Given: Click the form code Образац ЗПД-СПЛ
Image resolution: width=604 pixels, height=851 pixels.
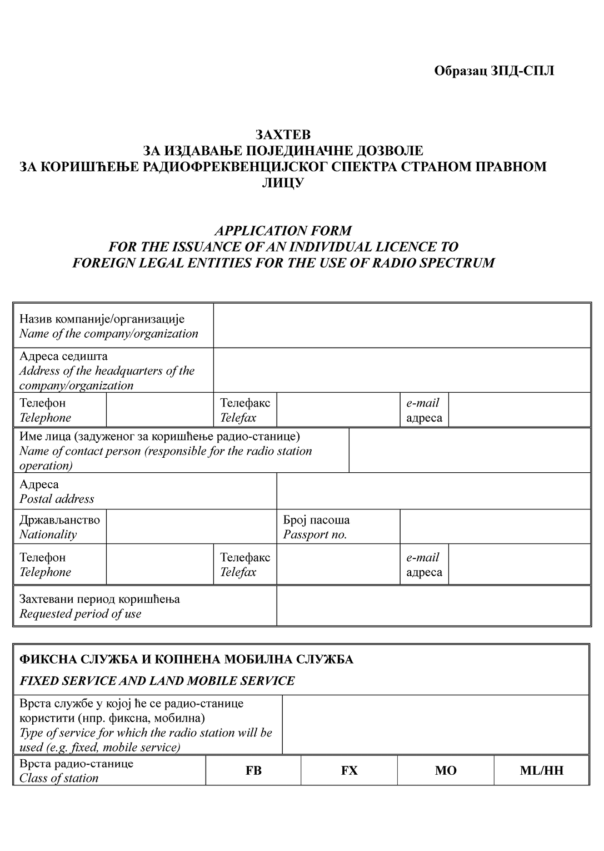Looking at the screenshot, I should click(x=494, y=71).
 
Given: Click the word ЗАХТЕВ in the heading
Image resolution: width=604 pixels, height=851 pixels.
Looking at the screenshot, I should click(x=283, y=135).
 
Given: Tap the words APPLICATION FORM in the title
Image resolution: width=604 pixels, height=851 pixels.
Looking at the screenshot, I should click(x=283, y=231).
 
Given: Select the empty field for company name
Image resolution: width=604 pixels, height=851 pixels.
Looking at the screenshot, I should click(x=401, y=326).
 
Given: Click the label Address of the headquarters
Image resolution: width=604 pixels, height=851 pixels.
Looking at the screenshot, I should click(x=107, y=371).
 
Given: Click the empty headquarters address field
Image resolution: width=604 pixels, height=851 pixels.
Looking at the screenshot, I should click(x=401, y=370).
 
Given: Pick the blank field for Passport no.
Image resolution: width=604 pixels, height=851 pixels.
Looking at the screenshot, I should click(x=495, y=527).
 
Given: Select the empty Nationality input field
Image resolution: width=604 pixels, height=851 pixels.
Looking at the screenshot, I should click(x=191, y=527).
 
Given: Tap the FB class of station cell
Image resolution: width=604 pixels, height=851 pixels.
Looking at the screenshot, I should click(x=253, y=770).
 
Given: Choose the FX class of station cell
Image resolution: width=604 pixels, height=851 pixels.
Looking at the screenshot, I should click(x=349, y=770).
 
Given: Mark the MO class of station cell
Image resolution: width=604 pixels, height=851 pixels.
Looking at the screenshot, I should click(x=446, y=770).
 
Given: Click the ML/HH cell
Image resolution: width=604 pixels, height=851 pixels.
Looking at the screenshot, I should click(x=541, y=770).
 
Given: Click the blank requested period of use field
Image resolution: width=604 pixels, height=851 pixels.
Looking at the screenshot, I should click(x=433, y=606).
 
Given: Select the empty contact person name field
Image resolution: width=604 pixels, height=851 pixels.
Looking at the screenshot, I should click(x=469, y=451).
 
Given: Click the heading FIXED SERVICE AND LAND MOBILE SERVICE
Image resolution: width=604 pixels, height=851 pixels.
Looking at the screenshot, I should click(x=157, y=681).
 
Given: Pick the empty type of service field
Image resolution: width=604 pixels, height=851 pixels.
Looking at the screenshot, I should click(x=435, y=725).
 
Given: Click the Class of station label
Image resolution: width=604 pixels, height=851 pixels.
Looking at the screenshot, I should click(x=59, y=778).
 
